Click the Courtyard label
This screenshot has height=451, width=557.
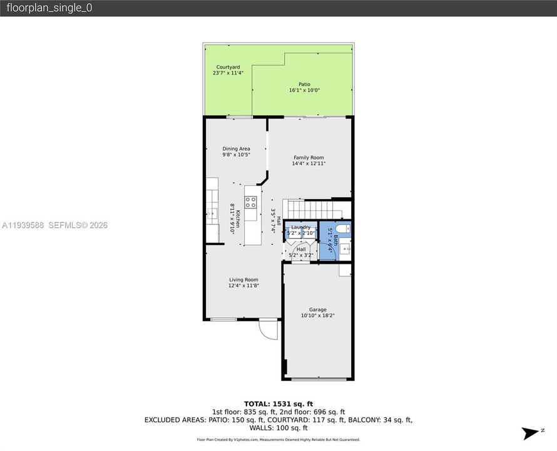pos(228,67)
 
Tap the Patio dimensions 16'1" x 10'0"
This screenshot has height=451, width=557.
pos(304,90)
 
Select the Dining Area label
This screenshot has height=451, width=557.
pos(236,149)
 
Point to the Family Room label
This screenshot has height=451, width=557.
pos(309,158)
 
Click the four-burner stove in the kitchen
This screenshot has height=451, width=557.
pos(250,202)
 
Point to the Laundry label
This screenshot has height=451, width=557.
pos(300,227)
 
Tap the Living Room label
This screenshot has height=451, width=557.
pos(243,280)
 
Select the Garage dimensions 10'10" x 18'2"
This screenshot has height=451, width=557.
pos(317,316)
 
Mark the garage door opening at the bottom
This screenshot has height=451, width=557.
pos(317,379)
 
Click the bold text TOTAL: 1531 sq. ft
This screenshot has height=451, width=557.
pos(278,403)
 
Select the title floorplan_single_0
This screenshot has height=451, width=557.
pos(49,8)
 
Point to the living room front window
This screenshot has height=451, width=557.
pos(223,319)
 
